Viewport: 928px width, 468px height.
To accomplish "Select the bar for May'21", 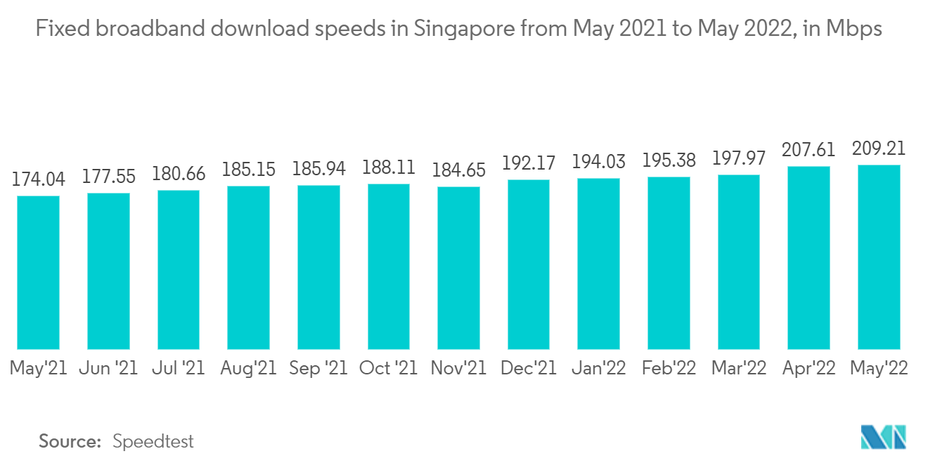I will (x=38, y=272).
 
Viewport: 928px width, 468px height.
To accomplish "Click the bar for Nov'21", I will (x=458, y=268).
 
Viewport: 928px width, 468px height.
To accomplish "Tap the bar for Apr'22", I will (x=808, y=258).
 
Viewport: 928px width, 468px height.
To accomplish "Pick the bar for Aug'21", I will (x=248, y=267).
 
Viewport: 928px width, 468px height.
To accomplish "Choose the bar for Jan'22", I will (x=598, y=264).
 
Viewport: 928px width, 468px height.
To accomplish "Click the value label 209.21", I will (x=878, y=149).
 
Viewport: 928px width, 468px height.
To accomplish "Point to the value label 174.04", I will (x=38, y=180).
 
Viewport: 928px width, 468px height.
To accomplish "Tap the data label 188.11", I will (x=388, y=168).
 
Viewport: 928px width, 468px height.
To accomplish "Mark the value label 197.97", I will (x=738, y=159).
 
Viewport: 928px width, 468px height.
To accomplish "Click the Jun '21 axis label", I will (x=108, y=368).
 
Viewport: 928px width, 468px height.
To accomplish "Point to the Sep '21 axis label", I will (x=318, y=368).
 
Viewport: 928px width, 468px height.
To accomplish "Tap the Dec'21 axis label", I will (x=528, y=368).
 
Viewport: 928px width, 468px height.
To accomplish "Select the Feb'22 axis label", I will (x=669, y=368).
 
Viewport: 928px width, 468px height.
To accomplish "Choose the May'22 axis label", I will (x=878, y=368).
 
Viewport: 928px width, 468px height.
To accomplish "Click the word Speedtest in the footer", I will (x=153, y=442).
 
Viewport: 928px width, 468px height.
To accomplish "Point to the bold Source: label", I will (x=70, y=442).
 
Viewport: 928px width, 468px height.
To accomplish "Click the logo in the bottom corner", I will (x=884, y=438).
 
